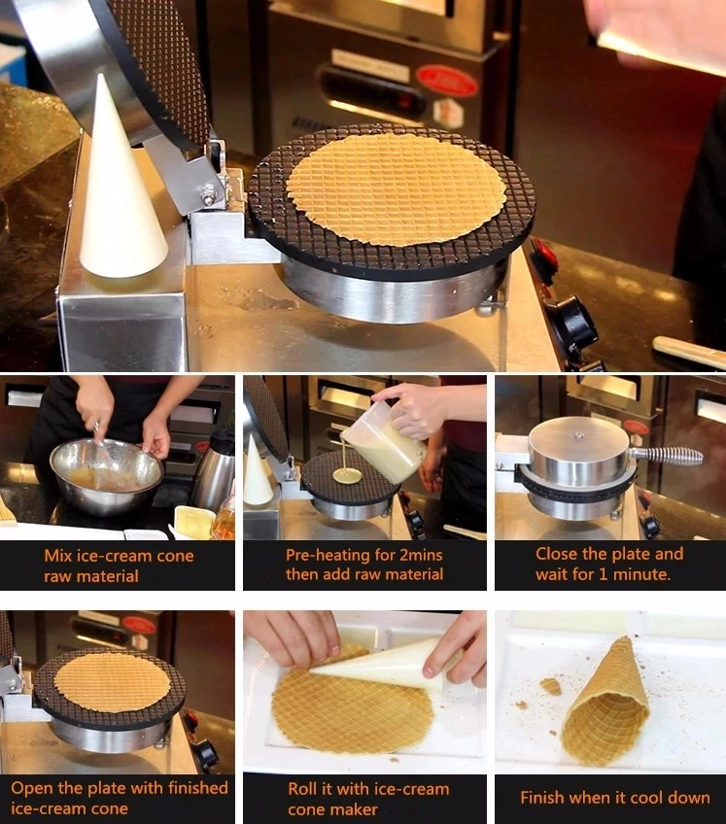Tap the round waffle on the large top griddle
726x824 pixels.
pos(397,189)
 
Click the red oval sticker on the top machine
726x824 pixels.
pos(447,82)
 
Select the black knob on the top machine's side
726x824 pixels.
pos(574,321)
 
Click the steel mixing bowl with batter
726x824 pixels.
pos(107,475)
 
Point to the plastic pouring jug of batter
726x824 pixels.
pos(383,441)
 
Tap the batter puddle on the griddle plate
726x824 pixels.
pos(348,477)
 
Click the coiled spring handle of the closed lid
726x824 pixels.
pos(667,456)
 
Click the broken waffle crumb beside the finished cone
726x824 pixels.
pos(550,686)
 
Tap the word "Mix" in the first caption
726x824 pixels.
pos(58,556)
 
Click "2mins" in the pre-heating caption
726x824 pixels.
pos(420,555)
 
